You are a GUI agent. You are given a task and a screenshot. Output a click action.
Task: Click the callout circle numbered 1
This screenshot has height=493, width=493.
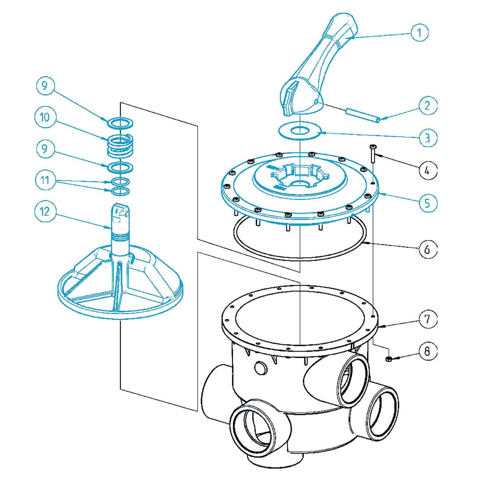click(x=419, y=32)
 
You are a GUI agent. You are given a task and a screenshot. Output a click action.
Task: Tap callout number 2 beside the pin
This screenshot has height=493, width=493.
click(x=428, y=106)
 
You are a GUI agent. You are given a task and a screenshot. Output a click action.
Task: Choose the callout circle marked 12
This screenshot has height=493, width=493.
click(x=44, y=212)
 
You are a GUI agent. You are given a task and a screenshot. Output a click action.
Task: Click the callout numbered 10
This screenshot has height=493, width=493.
click(x=44, y=117)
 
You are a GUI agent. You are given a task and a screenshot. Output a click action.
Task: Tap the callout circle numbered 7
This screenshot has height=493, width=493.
click(x=428, y=319)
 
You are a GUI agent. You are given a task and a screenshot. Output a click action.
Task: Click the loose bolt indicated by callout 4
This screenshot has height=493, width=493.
click(x=373, y=154)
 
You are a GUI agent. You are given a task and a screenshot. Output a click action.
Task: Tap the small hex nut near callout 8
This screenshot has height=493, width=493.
click(x=388, y=360)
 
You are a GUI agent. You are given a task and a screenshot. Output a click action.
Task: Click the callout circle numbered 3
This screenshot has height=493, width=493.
click(x=427, y=137)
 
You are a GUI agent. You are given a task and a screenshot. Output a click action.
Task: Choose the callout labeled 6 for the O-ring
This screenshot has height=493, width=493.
click(x=428, y=249)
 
